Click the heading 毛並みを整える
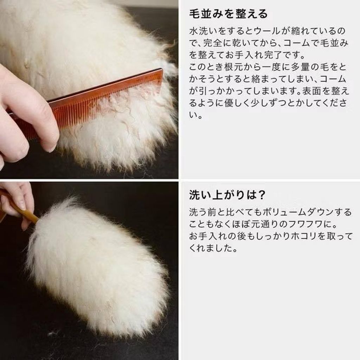[x=229, y=14]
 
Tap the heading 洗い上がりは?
[x=227, y=195]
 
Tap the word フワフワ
[x=306, y=224]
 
